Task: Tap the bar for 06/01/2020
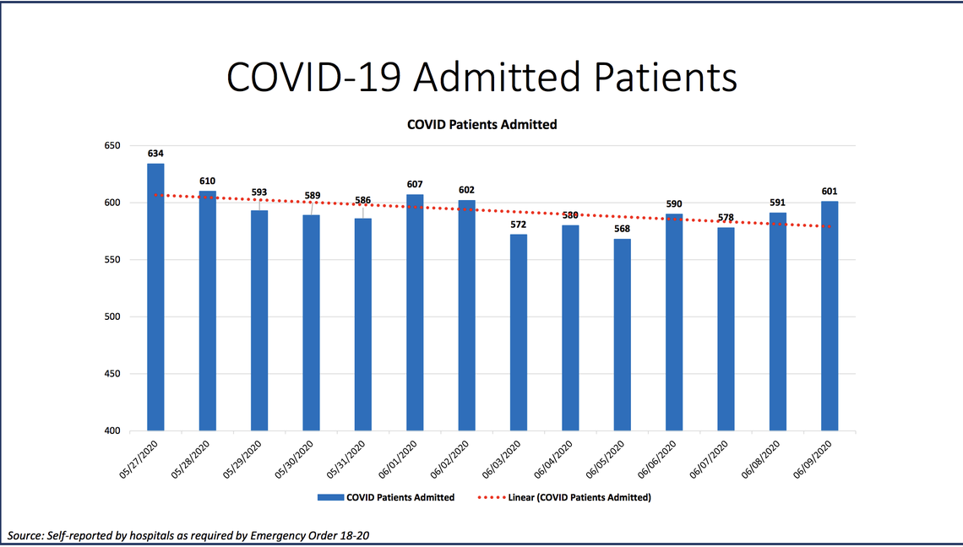[x=415, y=312]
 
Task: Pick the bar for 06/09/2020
[x=830, y=316]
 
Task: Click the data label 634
[x=155, y=154]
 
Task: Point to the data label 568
[x=622, y=229]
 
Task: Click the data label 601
[x=830, y=192]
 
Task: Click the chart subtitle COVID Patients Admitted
[x=481, y=124]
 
